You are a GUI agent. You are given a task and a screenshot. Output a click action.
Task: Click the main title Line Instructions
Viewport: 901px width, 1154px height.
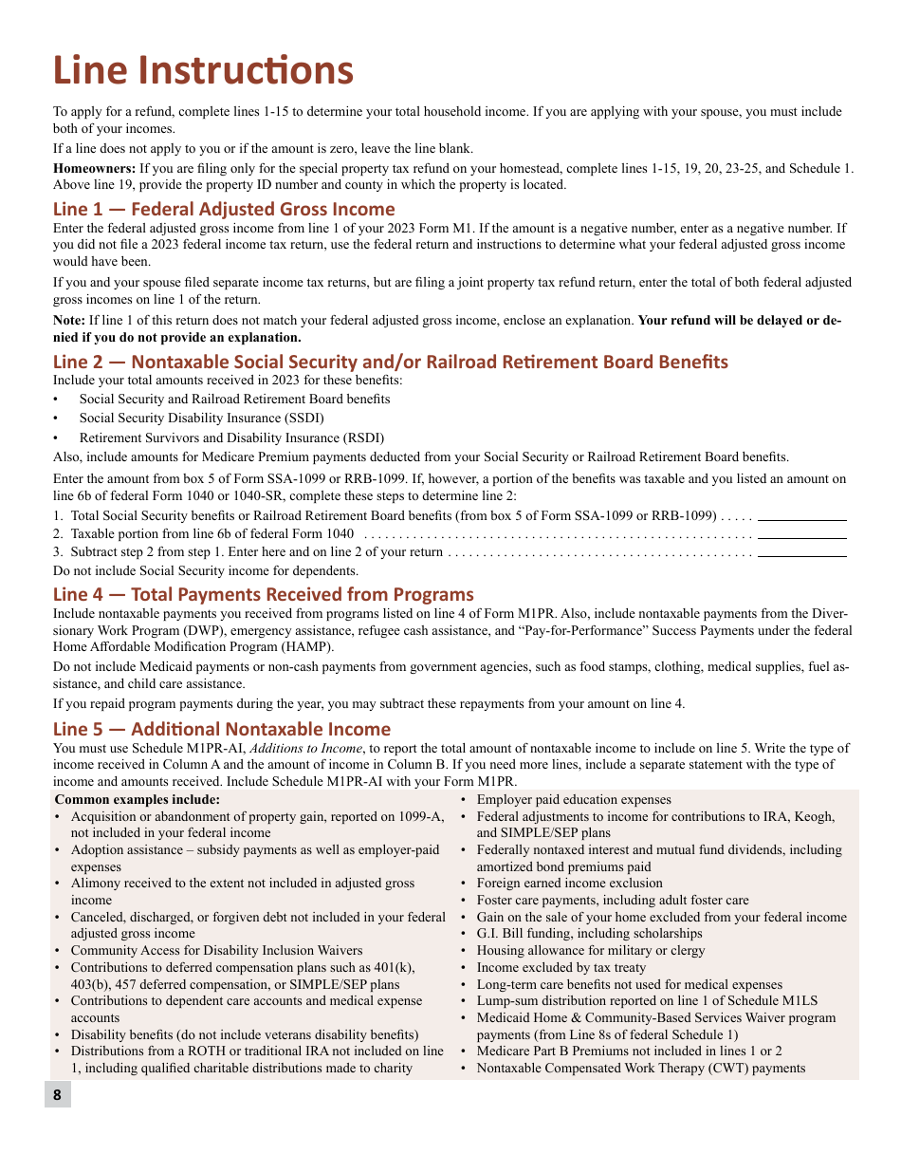point(203,71)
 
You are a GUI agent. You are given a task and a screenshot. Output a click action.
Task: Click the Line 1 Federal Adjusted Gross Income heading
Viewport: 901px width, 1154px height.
point(224,209)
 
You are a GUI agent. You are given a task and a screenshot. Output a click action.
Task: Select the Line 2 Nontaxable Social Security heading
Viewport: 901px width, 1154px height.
point(390,362)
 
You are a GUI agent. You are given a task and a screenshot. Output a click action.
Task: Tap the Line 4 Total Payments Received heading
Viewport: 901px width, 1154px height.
point(263,594)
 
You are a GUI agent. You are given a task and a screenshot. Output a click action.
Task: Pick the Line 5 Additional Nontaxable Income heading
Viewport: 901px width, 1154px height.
point(221,729)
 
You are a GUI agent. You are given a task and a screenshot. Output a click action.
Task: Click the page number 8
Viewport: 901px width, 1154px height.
point(57,1094)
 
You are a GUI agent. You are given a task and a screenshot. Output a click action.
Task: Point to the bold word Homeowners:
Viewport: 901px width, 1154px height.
point(85,168)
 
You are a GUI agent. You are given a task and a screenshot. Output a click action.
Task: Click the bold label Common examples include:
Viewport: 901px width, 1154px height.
point(138,799)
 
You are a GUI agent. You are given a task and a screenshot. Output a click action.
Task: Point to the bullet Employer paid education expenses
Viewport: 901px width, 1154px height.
point(573,799)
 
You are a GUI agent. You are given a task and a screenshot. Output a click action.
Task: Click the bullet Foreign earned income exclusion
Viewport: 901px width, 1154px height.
point(569,883)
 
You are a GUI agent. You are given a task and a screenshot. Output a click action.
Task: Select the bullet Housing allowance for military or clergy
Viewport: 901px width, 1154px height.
point(590,950)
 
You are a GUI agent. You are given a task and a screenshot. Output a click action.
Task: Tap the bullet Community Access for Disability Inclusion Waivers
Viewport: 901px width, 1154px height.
point(216,950)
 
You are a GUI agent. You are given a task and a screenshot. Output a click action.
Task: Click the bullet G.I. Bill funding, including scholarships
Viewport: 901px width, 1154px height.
point(589,933)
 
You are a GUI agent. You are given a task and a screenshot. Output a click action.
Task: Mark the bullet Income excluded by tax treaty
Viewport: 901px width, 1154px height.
point(561,967)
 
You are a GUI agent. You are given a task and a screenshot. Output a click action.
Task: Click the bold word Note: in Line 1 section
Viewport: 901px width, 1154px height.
point(69,320)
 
